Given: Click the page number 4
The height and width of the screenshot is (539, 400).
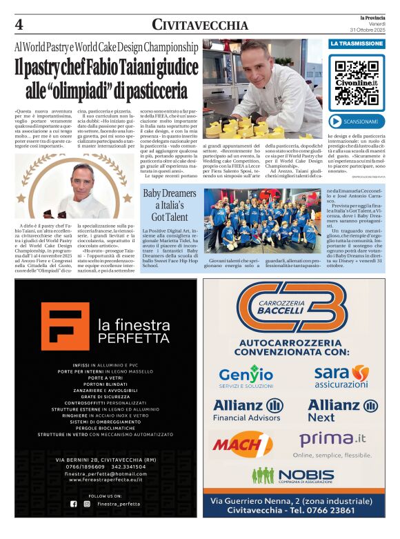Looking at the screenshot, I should pyautogui.click(x=19, y=26).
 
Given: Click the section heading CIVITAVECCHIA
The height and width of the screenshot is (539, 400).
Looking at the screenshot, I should pyautogui.click(x=200, y=26).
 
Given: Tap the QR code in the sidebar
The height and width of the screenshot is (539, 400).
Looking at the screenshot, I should pyautogui.click(x=355, y=77).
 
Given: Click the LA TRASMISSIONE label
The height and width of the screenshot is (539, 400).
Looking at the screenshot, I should pyautogui.click(x=356, y=43).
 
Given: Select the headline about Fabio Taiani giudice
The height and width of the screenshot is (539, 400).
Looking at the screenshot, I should pyautogui.click(x=107, y=79).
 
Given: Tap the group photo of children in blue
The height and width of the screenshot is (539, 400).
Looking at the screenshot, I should pyautogui.click(x=263, y=223).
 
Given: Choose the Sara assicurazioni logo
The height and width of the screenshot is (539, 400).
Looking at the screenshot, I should pyautogui.click(x=341, y=375).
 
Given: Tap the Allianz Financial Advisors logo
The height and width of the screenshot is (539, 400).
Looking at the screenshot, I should pyautogui.click(x=248, y=409).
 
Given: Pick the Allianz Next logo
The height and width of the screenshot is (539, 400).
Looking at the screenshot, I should pyautogui.click(x=341, y=409).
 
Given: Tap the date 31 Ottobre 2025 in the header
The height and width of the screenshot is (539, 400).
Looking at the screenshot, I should pyautogui.click(x=367, y=30).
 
